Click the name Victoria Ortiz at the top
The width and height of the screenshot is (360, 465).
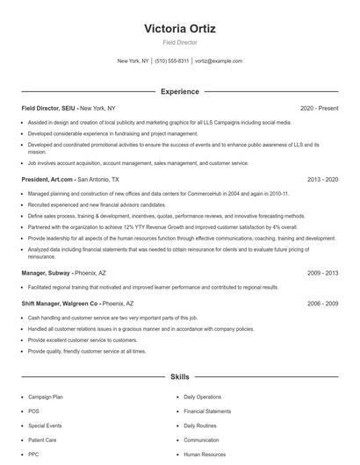click(179, 28)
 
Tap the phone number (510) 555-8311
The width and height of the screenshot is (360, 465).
click(172, 61)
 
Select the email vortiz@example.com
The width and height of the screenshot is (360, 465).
click(219, 61)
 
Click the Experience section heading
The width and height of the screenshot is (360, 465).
click(179, 91)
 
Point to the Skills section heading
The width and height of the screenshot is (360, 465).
click(179, 376)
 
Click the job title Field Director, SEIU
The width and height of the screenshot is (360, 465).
click(48, 108)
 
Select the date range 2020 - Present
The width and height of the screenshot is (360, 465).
click(319, 108)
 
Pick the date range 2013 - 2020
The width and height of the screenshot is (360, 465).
click(322, 179)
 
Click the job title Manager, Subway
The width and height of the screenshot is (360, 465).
click(46, 273)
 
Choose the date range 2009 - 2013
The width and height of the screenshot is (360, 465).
click(322, 273)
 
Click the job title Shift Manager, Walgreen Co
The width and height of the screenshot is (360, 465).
click(59, 303)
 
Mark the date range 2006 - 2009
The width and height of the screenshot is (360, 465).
click(322, 303)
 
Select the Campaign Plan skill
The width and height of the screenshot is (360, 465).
click(46, 397)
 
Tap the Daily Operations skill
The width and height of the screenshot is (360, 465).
click(202, 397)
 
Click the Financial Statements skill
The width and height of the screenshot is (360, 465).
click(207, 411)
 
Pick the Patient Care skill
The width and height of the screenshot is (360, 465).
click(42, 440)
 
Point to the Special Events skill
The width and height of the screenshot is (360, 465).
click(45, 426)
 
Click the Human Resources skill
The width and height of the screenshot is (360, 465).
click(204, 454)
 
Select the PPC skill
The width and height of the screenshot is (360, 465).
click(33, 454)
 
